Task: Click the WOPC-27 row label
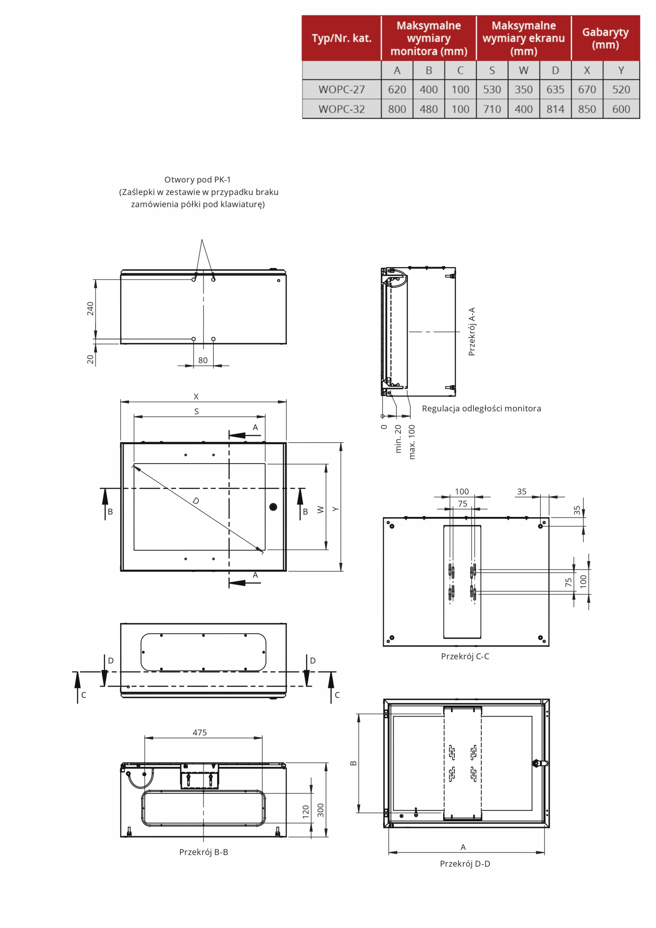(341, 89)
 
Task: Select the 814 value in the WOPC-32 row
(555, 109)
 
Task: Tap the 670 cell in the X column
(586, 89)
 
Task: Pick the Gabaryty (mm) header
(605, 38)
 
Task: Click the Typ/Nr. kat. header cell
(341, 38)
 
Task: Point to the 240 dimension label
(90, 309)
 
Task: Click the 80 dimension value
(203, 360)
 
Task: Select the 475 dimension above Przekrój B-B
(200, 732)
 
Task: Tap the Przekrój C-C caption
(465, 656)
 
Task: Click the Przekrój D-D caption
(465, 863)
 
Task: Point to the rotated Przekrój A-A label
(472, 331)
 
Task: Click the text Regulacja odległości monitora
(481, 408)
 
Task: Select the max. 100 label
(412, 442)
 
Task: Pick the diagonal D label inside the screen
(196, 501)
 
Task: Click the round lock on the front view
(273, 506)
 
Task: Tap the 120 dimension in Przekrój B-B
(306, 812)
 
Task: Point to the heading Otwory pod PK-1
(197, 179)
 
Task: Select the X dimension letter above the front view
(196, 397)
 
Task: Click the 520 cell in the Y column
(621, 89)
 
